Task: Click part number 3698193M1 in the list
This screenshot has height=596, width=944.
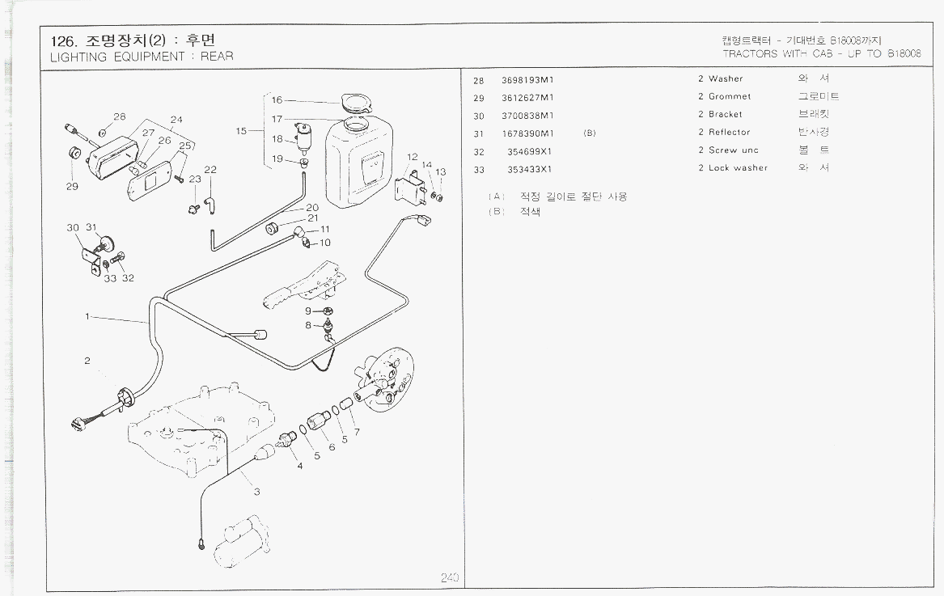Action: point(527,79)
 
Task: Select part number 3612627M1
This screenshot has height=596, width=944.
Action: point(527,97)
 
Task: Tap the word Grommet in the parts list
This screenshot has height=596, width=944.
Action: point(729,96)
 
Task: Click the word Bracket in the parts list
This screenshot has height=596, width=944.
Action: point(725,114)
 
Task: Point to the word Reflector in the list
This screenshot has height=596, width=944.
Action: point(729,132)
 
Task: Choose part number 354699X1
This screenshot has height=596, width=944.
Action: point(529,150)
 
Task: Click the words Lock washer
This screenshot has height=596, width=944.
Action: point(738,168)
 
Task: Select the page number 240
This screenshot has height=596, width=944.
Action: point(450,577)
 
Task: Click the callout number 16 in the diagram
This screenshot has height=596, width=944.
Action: point(277,100)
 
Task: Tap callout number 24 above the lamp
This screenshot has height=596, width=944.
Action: point(176,120)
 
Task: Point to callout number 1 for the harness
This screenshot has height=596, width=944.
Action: point(87,316)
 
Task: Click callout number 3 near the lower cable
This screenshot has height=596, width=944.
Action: point(256,492)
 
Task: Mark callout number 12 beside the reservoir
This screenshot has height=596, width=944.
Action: point(412,157)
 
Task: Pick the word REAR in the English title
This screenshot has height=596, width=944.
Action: point(217,57)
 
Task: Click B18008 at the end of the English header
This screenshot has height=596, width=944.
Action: point(904,54)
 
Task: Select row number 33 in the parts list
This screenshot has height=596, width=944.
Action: point(479,169)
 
